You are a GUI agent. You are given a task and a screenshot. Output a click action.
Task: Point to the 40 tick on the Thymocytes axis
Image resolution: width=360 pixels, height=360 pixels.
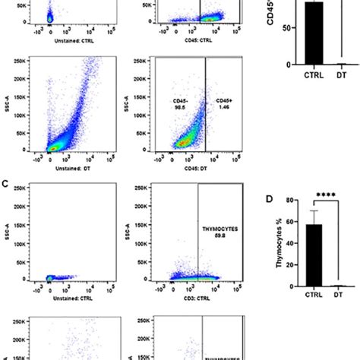(x=285, y=244)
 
